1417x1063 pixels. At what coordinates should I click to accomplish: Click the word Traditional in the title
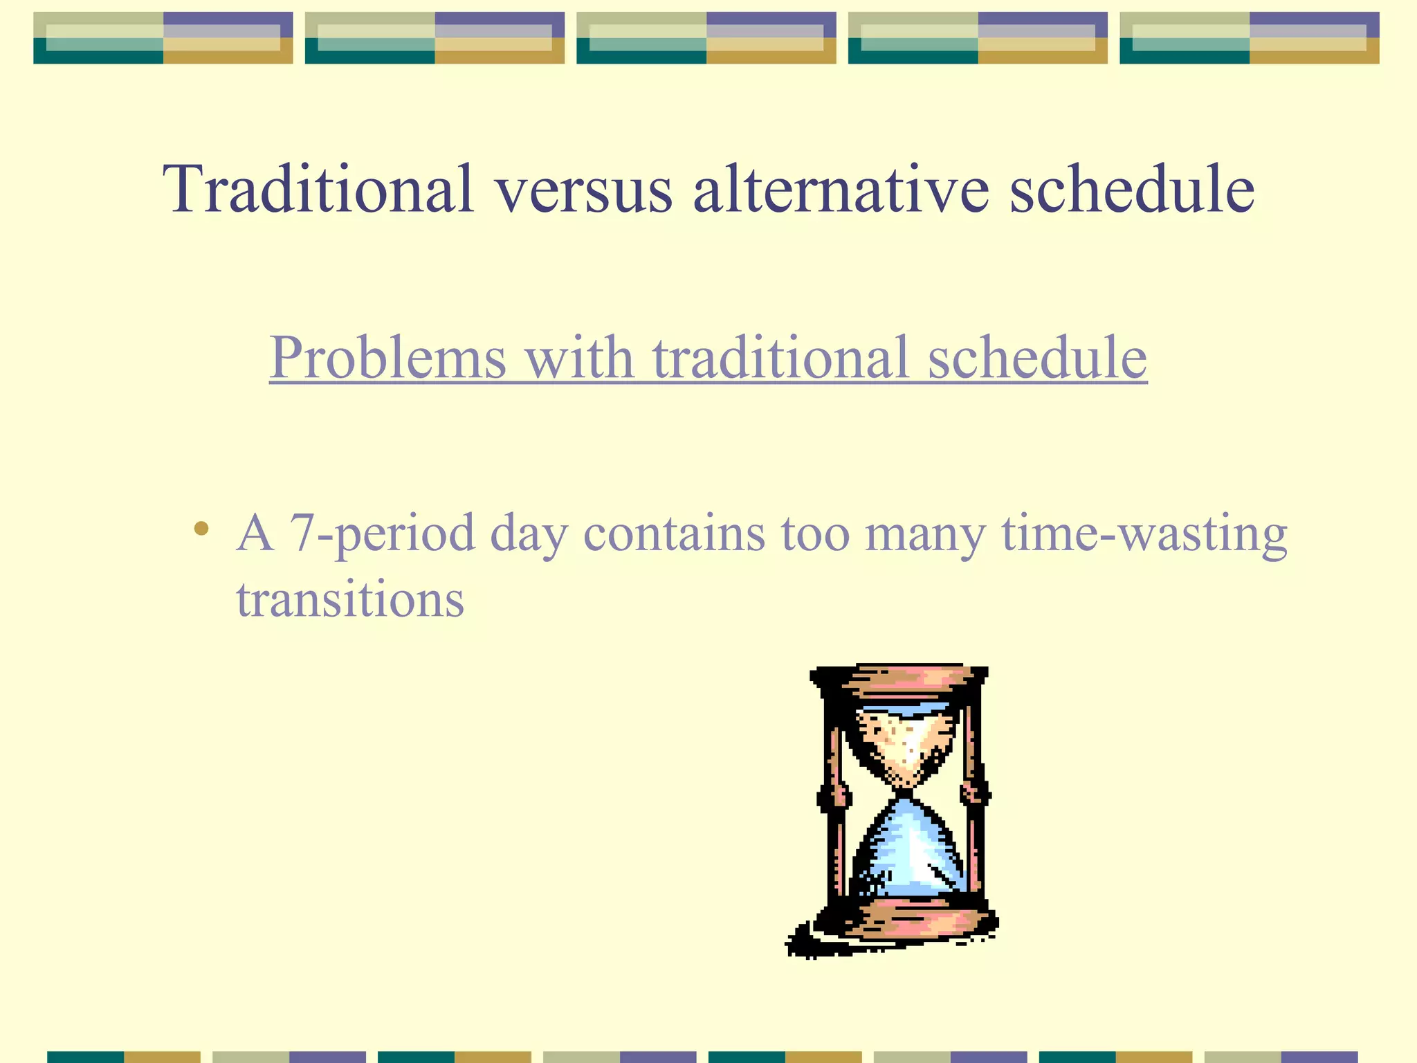click(x=318, y=188)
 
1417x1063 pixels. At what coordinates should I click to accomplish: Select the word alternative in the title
click(x=841, y=188)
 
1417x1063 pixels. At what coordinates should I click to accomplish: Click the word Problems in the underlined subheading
click(x=387, y=358)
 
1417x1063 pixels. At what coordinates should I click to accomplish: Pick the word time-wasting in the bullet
click(x=1144, y=534)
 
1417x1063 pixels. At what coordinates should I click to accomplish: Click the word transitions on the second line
click(x=350, y=599)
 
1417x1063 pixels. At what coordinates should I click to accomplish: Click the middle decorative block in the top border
click(x=706, y=38)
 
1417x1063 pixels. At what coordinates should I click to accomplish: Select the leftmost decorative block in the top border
click(x=163, y=38)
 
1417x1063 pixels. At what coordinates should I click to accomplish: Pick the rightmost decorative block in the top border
click(x=1249, y=38)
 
